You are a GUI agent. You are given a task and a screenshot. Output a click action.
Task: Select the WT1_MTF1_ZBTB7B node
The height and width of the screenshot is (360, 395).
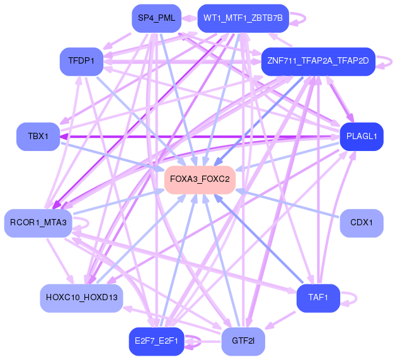point(243,18)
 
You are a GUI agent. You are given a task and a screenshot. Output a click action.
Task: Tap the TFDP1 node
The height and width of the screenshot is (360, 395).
point(82,61)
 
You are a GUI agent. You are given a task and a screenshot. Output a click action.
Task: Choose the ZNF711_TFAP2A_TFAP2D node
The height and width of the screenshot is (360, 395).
point(318,61)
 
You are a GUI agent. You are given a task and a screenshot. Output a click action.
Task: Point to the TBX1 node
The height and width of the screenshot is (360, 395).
point(38,136)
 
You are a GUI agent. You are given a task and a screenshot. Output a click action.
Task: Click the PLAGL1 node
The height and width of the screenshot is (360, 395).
point(362,136)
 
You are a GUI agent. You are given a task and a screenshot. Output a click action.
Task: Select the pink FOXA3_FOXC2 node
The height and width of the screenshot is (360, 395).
point(200,180)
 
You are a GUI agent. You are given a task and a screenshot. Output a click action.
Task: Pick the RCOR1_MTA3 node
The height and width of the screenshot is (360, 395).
point(38,223)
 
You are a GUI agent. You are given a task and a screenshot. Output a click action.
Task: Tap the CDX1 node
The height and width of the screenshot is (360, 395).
point(362,223)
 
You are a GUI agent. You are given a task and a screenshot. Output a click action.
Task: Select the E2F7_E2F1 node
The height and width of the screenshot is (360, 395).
point(156,341)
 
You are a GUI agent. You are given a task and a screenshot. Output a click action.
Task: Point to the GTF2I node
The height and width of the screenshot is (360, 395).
point(243,341)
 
